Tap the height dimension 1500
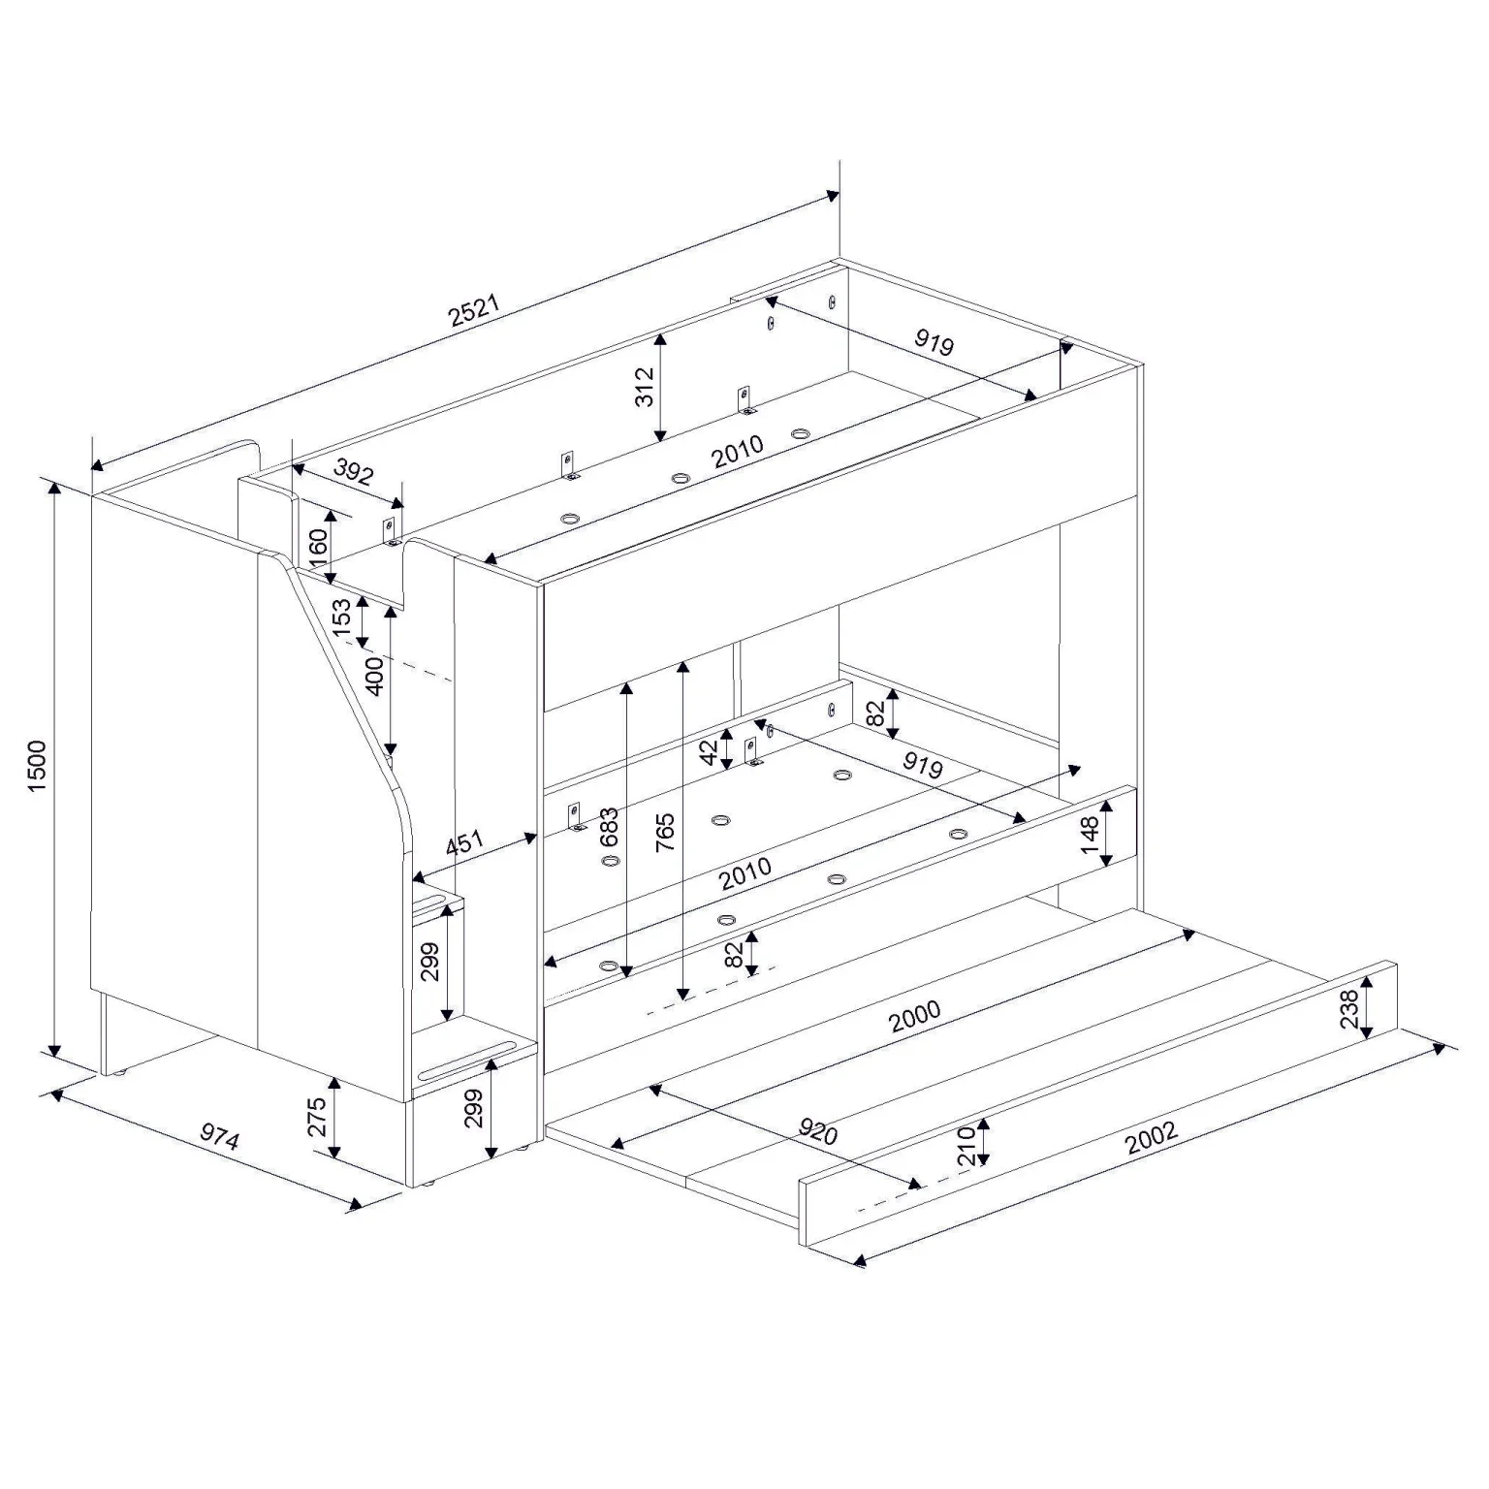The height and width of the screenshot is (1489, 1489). [x=38, y=767]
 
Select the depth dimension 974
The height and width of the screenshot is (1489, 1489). [x=219, y=1136]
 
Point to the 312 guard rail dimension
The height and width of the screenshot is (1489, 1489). [x=644, y=387]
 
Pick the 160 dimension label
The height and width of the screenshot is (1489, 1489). [x=318, y=550]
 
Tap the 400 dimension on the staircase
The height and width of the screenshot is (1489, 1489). [x=374, y=676]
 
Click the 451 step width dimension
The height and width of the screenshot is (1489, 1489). [x=464, y=843]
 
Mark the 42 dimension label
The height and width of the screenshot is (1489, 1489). [x=709, y=750]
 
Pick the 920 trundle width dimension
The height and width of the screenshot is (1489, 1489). [x=816, y=1130]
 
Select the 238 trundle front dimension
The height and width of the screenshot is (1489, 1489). [x=1348, y=1008]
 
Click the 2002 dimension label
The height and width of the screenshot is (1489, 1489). [x=1151, y=1138]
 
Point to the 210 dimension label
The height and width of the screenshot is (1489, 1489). [x=966, y=1146]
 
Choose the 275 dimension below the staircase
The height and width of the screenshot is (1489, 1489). [x=317, y=1118]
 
